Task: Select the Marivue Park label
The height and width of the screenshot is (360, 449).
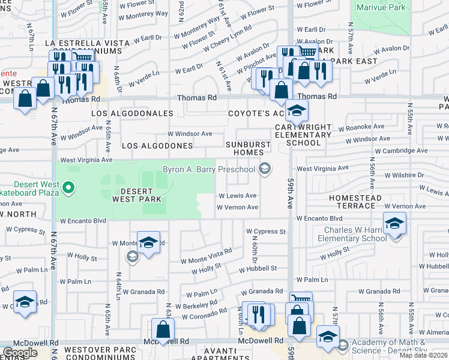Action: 381,8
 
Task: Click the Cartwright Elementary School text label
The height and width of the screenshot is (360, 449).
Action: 303,135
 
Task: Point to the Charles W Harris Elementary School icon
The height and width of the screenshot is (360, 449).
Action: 394,224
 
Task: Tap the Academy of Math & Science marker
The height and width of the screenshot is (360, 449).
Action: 343,346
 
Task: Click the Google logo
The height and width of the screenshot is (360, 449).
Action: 20,353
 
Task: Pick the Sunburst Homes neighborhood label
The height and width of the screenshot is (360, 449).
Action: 253,148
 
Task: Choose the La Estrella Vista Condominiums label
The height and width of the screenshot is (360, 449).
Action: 87,48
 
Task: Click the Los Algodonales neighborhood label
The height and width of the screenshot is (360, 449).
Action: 132,113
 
